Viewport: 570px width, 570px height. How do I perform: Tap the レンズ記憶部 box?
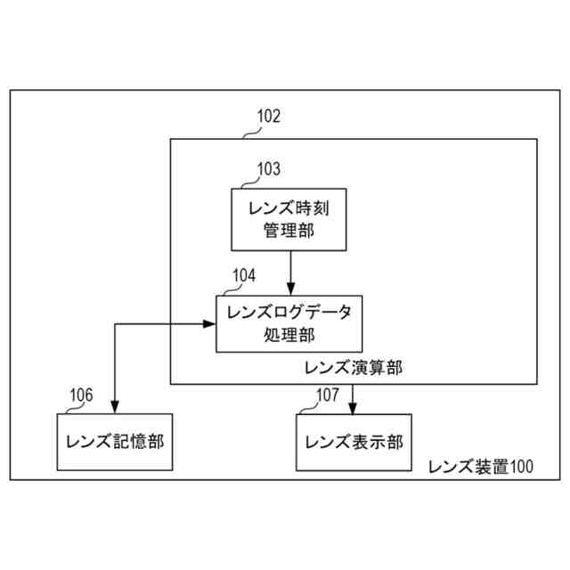coord(113,442)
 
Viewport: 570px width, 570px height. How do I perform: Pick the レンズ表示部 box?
coord(354,442)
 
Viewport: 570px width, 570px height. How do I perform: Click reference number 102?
coord(268,116)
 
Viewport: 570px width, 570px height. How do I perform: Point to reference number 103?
coord(268,168)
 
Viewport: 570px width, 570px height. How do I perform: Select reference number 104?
coord(243,275)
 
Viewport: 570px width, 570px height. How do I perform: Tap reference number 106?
coord(81,395)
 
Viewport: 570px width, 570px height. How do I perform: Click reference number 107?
coord(327,395)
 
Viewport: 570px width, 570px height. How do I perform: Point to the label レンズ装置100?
coord(481,466)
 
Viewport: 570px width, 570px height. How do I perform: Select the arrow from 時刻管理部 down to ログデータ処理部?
coord(290,272)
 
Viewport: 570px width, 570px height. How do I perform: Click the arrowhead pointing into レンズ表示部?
coord(354,409)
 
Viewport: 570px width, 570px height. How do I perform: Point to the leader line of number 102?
coord(250,132)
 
